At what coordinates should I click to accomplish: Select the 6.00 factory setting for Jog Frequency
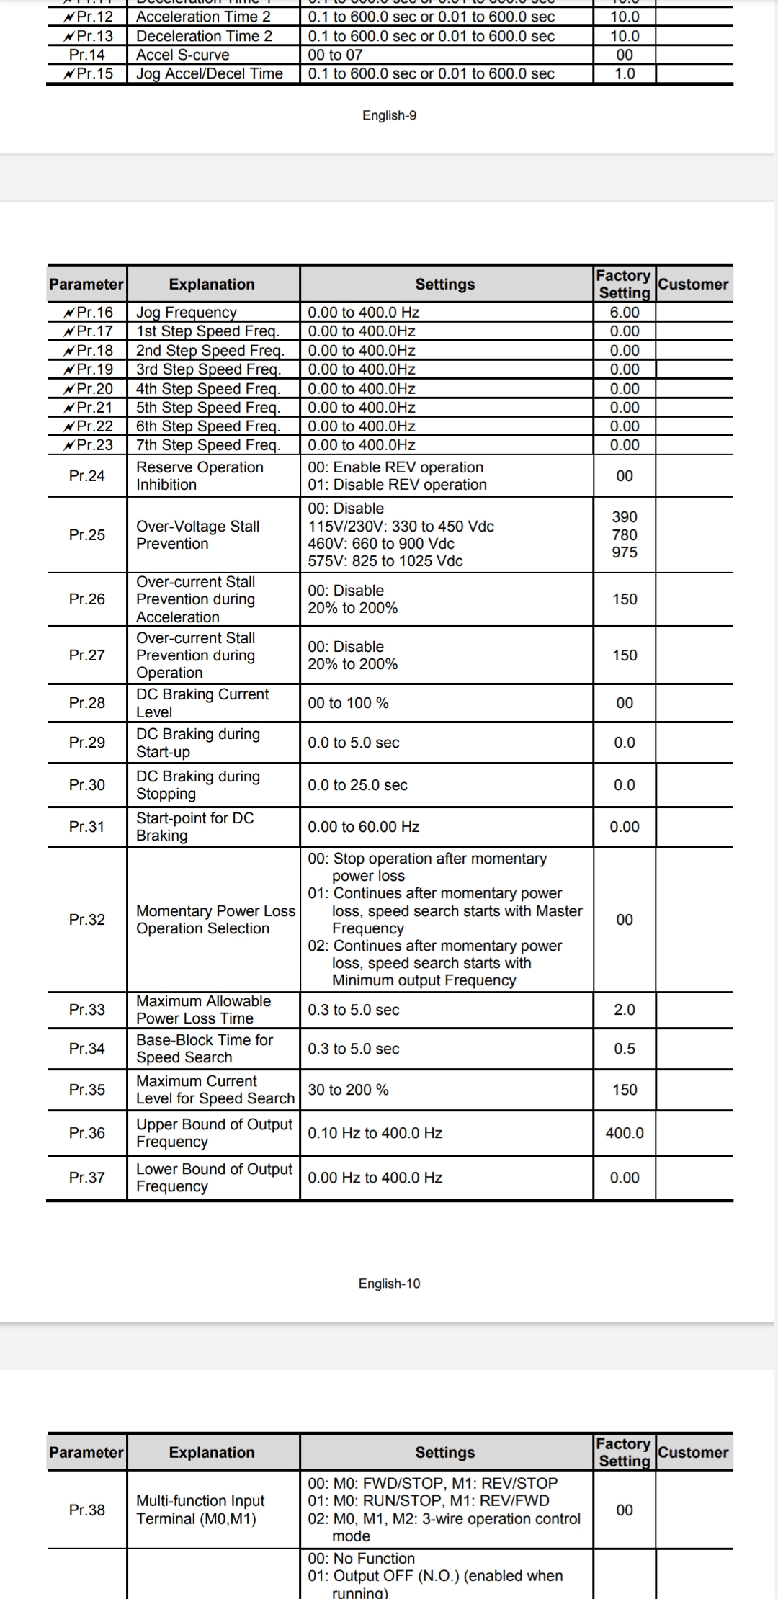coord(625,312)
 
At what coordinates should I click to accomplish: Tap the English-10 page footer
coord(389,1284)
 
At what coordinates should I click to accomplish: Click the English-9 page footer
coord(389,115)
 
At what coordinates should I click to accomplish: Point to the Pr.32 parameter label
coord(87,920)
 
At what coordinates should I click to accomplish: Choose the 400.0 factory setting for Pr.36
coord(625,1133)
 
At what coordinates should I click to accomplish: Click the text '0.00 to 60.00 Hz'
coord(364,827)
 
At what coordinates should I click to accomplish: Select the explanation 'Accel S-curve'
coord(183,55)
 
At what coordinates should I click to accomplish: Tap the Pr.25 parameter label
coord(87,535)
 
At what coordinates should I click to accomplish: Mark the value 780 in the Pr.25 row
coord(625,535)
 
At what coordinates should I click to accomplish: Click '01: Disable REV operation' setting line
coord(398,485)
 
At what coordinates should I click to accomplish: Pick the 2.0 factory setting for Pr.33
coord(625,1010)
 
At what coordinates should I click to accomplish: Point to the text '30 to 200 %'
coord(348,1090)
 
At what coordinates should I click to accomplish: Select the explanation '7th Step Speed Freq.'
coord(208,445)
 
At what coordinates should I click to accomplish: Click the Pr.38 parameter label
coord(87,1510)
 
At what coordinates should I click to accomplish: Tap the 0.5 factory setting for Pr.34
coord(625,1049)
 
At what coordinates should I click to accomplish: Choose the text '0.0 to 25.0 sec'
coord(357,785)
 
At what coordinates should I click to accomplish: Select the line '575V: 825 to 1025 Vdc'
coord(385,561)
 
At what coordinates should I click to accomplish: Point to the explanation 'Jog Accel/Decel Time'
coord(210,73)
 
